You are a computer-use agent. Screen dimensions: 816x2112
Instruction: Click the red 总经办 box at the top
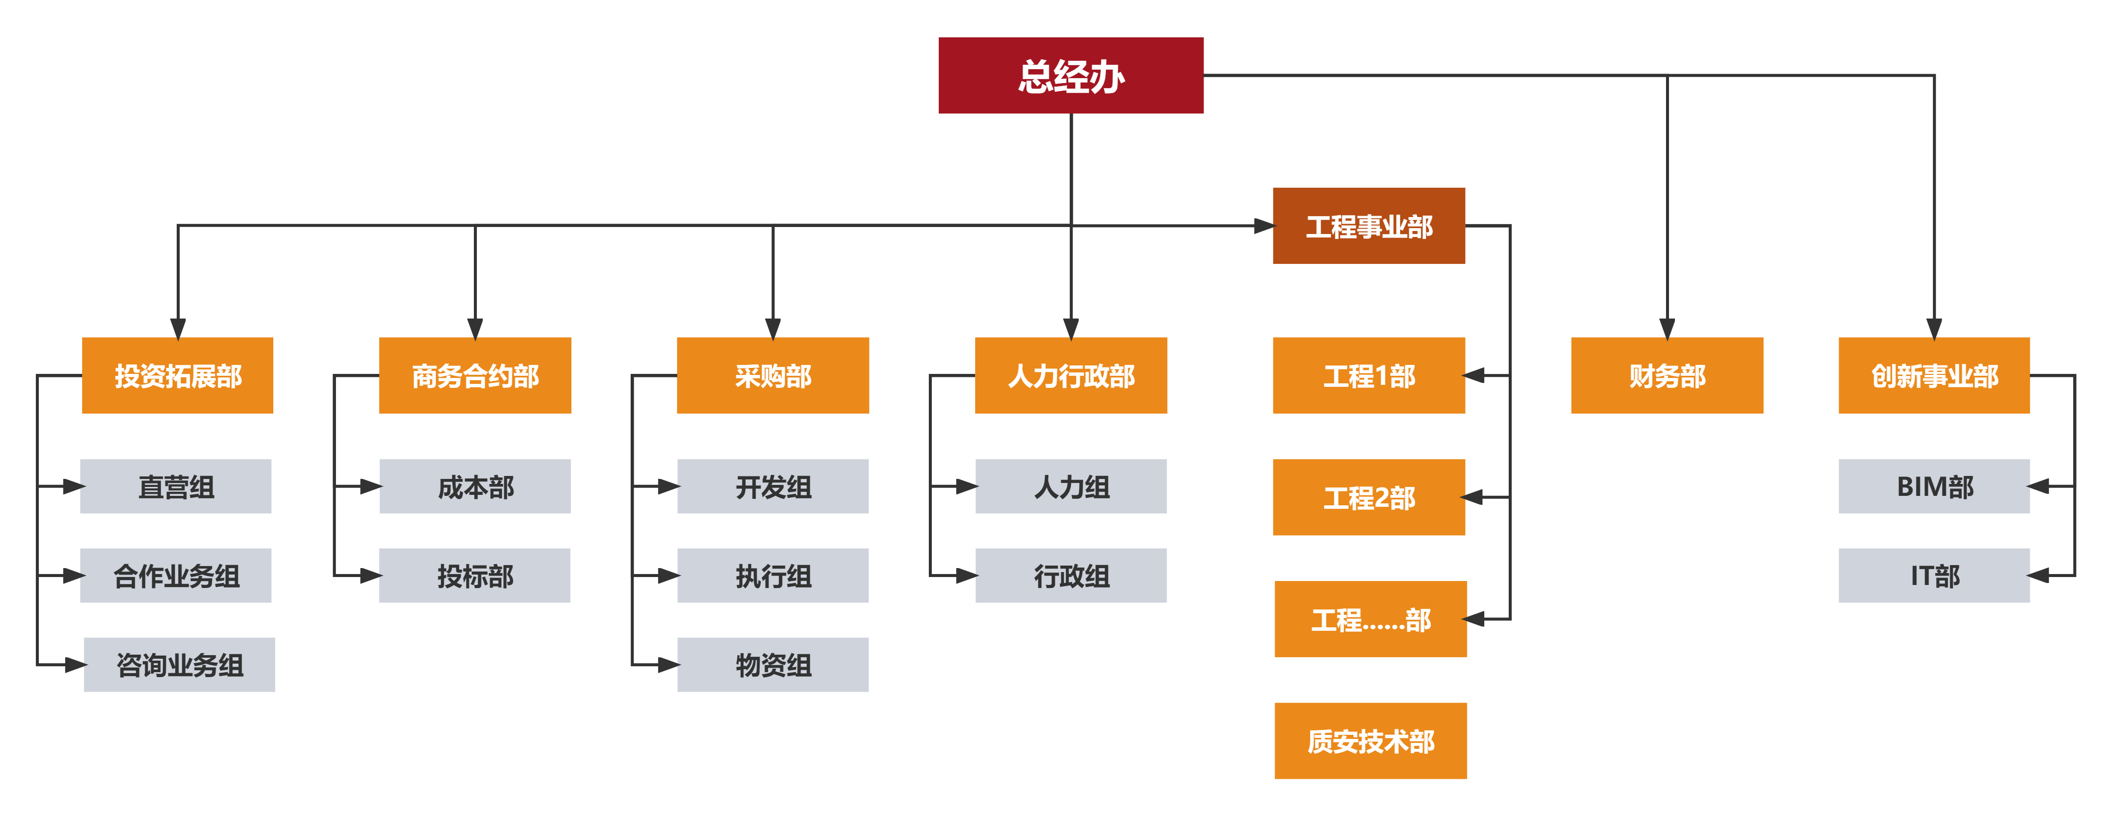(1070, 76)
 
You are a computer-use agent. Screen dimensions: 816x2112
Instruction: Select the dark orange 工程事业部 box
(1368, 227)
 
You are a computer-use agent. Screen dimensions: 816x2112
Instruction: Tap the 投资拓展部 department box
(178, 375)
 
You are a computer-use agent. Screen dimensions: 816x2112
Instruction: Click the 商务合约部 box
(475, 375)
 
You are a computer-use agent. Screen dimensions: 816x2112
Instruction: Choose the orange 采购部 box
(773, 375)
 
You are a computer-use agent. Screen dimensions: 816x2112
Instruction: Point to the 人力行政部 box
(1071, 375)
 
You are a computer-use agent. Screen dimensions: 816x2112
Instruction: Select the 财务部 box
(1667, 375)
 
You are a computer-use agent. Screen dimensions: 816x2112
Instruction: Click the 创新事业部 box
(1934, 375)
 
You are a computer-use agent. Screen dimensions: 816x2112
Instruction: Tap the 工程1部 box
(1368, 375)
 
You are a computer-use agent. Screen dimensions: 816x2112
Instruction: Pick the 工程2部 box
(1368, 497)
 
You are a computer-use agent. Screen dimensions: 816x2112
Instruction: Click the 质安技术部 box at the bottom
(1370, 740)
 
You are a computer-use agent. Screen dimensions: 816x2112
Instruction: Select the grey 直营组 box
(176, 486)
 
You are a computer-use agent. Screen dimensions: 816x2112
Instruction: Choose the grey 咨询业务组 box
(180, 664)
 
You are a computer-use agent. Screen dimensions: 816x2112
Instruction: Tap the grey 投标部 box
(475, 576)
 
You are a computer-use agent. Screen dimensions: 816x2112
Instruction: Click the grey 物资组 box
(773, 664)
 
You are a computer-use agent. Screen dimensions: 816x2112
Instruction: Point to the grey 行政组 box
(1071, 576)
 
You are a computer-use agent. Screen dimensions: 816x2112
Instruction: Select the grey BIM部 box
(1934, 486)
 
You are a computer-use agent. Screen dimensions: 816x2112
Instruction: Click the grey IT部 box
(1934, 576)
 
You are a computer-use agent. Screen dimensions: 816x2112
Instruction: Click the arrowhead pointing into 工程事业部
(1263, 226)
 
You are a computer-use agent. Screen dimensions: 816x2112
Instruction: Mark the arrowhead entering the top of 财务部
(1667, 328)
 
